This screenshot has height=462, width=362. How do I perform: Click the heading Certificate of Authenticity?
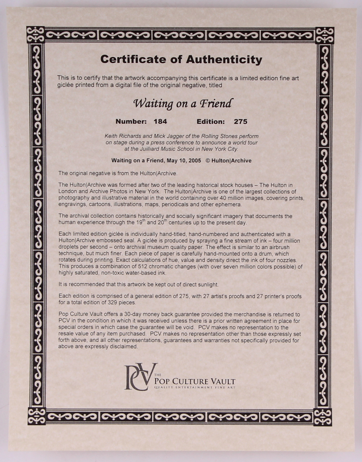[x=181, y=60]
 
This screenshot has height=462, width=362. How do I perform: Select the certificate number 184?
[x=160, y=122]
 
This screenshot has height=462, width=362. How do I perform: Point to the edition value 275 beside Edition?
[x=240, y=122]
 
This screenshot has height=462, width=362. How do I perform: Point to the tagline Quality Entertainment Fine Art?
[x=195, y=388]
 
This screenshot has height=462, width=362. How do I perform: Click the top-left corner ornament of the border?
[x=35, y=35]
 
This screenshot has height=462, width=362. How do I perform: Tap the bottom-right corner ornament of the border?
[x=323, y=417]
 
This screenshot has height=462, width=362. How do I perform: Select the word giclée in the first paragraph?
[x=66, y=85]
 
